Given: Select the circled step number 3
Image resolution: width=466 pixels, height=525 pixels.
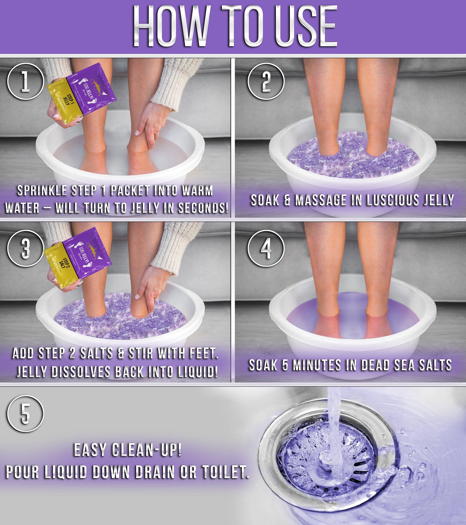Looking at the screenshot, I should click(x=25, y=248).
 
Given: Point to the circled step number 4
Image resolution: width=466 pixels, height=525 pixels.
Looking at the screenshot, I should click(x=266, y=248).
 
